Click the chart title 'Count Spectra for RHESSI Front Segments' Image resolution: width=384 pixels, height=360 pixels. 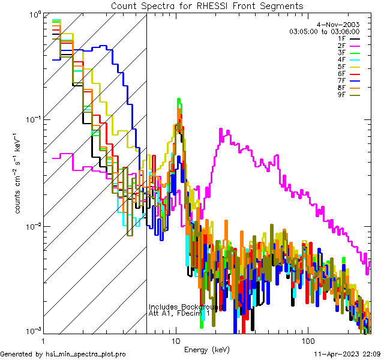(207, 6)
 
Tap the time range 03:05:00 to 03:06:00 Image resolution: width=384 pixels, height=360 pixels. (324, 31)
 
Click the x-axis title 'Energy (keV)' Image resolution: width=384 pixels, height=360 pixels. (207, 349)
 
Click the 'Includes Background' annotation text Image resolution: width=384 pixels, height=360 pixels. (185, 307)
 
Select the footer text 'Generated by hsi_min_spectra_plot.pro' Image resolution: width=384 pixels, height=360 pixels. (64, 354)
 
